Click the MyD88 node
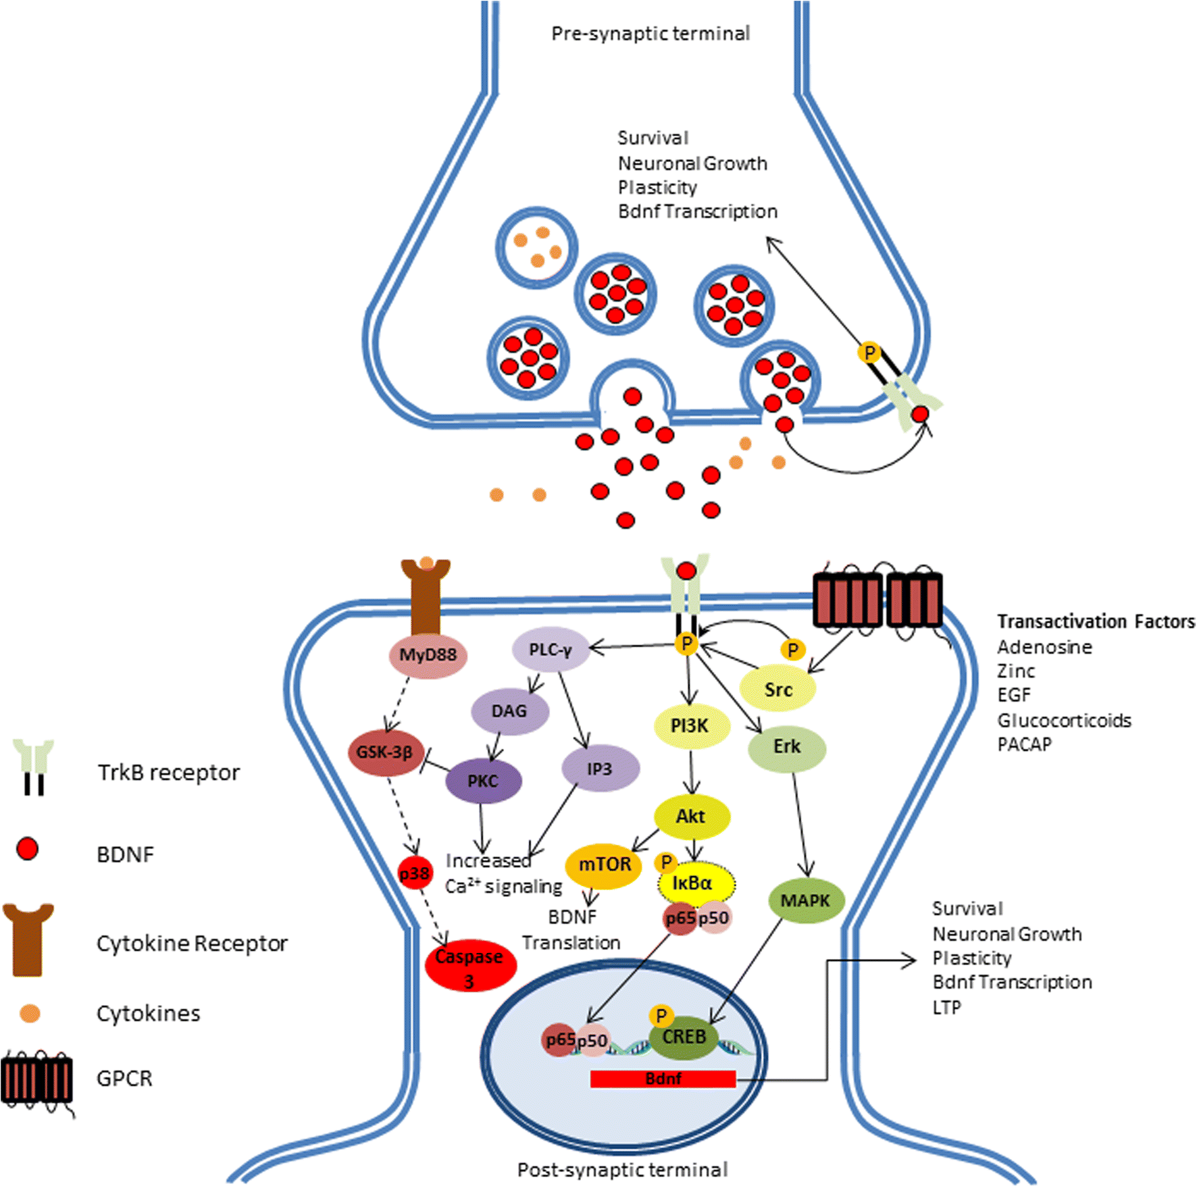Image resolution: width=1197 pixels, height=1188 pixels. (428, 655)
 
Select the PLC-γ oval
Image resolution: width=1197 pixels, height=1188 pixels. (551, 650)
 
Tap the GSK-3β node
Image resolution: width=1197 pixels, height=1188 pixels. (385, 752)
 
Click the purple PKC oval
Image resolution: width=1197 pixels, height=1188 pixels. (483, 781)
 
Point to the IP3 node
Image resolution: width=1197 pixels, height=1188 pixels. (600, 769)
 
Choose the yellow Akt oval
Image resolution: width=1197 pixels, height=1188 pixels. (691, 817)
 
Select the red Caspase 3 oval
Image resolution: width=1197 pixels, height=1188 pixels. (470, 966)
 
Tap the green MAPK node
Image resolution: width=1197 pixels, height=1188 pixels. (805, 900)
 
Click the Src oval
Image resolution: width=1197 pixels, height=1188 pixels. (778, 690)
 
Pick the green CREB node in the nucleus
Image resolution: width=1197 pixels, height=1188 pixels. (684, 1037)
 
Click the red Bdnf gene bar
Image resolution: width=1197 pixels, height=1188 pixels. (663, 1079)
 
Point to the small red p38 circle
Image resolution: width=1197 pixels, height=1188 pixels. (414, 873)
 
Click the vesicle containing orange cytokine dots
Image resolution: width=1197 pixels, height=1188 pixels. (536, 248)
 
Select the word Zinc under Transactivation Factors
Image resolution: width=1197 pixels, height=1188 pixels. (1015, 671)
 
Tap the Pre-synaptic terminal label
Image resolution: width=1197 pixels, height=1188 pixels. (650, 34)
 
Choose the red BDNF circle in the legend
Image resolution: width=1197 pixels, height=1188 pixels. (27, 849)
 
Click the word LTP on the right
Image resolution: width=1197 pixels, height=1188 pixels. (946, 1008)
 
